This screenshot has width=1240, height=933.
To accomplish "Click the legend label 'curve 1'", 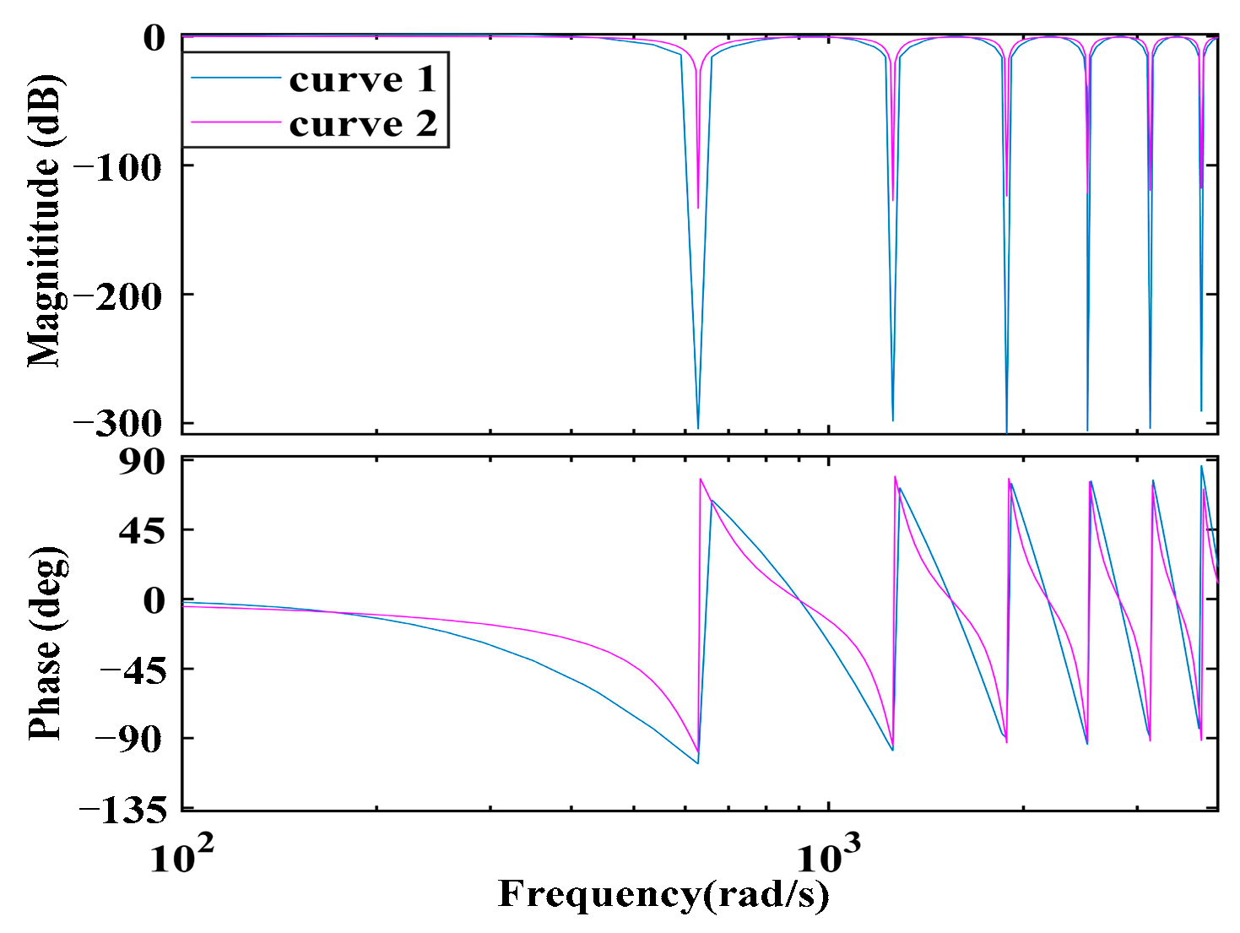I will click(x=362, y=79).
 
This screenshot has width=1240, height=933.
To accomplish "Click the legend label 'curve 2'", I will click(x=363, y=124).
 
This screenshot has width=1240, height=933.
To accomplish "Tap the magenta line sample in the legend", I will click(x=236, y=123).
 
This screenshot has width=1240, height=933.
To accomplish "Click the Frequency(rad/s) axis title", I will click(x=663, y=895).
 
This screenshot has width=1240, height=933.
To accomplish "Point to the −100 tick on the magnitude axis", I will click(x=117, y=167).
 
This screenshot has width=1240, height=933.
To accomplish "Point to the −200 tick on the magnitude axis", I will click(x=117, y=296).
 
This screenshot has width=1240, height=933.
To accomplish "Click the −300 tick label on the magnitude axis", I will click(x=117, y=424).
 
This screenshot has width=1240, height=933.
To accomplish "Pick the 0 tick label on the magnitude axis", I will click(x=154, y=38).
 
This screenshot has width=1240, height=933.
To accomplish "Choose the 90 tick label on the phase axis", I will click(x=141, y=462).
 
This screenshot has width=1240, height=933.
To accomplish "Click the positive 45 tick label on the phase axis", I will click(x=141, y=531).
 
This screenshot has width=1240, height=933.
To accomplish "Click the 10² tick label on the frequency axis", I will click(x=181, y=856).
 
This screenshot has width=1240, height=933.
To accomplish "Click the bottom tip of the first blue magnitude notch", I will click(x=697, y=428).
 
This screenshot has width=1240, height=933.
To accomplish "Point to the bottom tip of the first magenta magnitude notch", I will click(x=698, y=207).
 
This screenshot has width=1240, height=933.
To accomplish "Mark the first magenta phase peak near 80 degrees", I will click(x=701, y=480).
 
